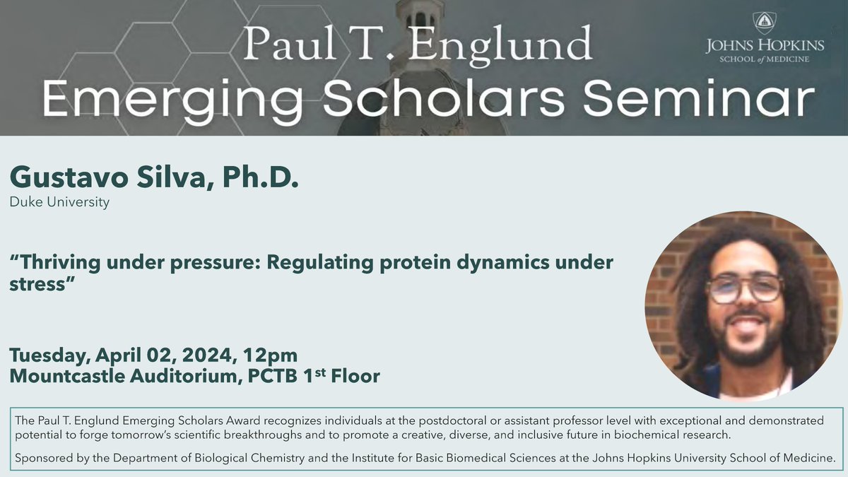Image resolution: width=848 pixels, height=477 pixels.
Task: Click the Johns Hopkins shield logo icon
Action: click(764, 23)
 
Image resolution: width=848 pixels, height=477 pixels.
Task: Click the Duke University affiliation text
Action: click(59, 203)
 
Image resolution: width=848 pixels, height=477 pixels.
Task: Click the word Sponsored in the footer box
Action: click(42, 457)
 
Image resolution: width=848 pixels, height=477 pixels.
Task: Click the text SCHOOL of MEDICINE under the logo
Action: click(764, 59)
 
